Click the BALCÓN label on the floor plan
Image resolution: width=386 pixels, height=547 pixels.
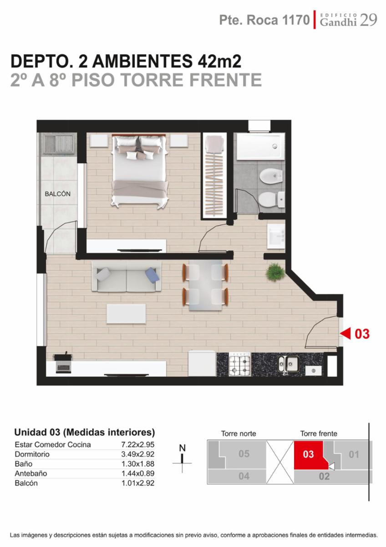[x=57, y=194]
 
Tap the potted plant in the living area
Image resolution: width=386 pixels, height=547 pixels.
[x=275, y=272]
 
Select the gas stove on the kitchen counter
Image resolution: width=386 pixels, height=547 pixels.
[x=240, y=364]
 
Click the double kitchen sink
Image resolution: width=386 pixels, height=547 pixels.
[x=289, y=364]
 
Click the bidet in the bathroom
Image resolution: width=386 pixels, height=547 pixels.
[x=271, y=175]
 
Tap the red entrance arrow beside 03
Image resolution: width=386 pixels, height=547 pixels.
[x=345, y=334]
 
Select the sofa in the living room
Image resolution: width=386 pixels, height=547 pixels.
[x=127, y=276]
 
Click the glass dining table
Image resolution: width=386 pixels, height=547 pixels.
[x=206, y=285]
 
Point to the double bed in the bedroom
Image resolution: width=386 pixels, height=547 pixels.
[x=139, y=170]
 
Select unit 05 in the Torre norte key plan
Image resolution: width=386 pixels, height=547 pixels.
[x=244, y=454]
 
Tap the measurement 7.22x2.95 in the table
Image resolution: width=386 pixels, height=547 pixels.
[x=138, y=444]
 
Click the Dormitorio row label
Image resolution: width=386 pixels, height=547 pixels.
[x=32, y=454]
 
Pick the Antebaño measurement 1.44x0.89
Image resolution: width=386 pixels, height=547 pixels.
[x=138, y=474]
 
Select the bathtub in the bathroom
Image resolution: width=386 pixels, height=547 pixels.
[x=260, y=146]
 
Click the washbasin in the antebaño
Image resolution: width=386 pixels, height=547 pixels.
[x=276, y=237]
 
